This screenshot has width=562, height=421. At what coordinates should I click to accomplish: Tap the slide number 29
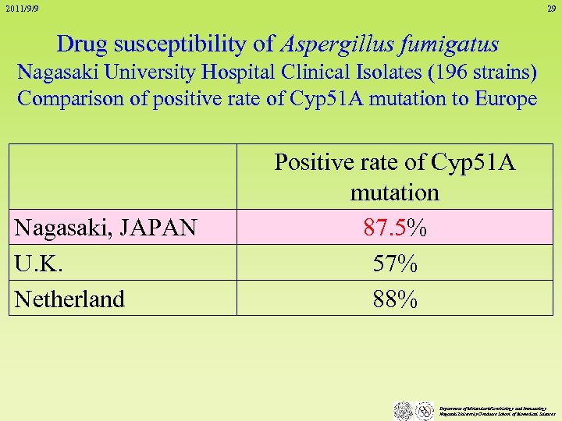(x=551, y=9)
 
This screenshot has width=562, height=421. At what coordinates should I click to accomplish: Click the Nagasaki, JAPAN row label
(x=105, y=228)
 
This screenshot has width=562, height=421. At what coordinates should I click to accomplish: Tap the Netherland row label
(x=69, y=299)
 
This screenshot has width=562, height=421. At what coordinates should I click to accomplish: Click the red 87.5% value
(x=394, y=228)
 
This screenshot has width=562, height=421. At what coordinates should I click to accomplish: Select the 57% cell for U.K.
(x=394, y=264)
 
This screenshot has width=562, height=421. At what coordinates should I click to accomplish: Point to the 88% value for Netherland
(x=394, y=299)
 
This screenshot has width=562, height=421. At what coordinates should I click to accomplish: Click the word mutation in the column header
(x=394, y=192)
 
